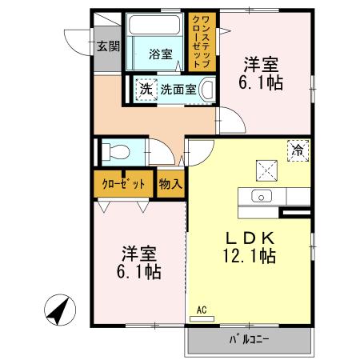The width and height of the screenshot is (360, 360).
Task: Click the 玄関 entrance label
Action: pos(107,45)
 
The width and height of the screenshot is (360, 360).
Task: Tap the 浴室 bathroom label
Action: pos(161,54)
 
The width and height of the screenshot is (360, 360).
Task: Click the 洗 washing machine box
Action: pos(145,90)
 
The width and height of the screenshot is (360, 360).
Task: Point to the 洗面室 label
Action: pos(177,90)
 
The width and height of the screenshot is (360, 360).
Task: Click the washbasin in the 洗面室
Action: pos(206,89)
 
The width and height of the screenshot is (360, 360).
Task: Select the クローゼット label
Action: pos(123,183)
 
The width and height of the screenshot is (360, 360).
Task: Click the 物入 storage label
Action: pos(170,183)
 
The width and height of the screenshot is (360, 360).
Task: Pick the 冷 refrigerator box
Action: pos(298,149)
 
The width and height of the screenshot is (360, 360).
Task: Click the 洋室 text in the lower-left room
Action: pos(138,253)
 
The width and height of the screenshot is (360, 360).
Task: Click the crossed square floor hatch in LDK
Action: pos(265,169)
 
